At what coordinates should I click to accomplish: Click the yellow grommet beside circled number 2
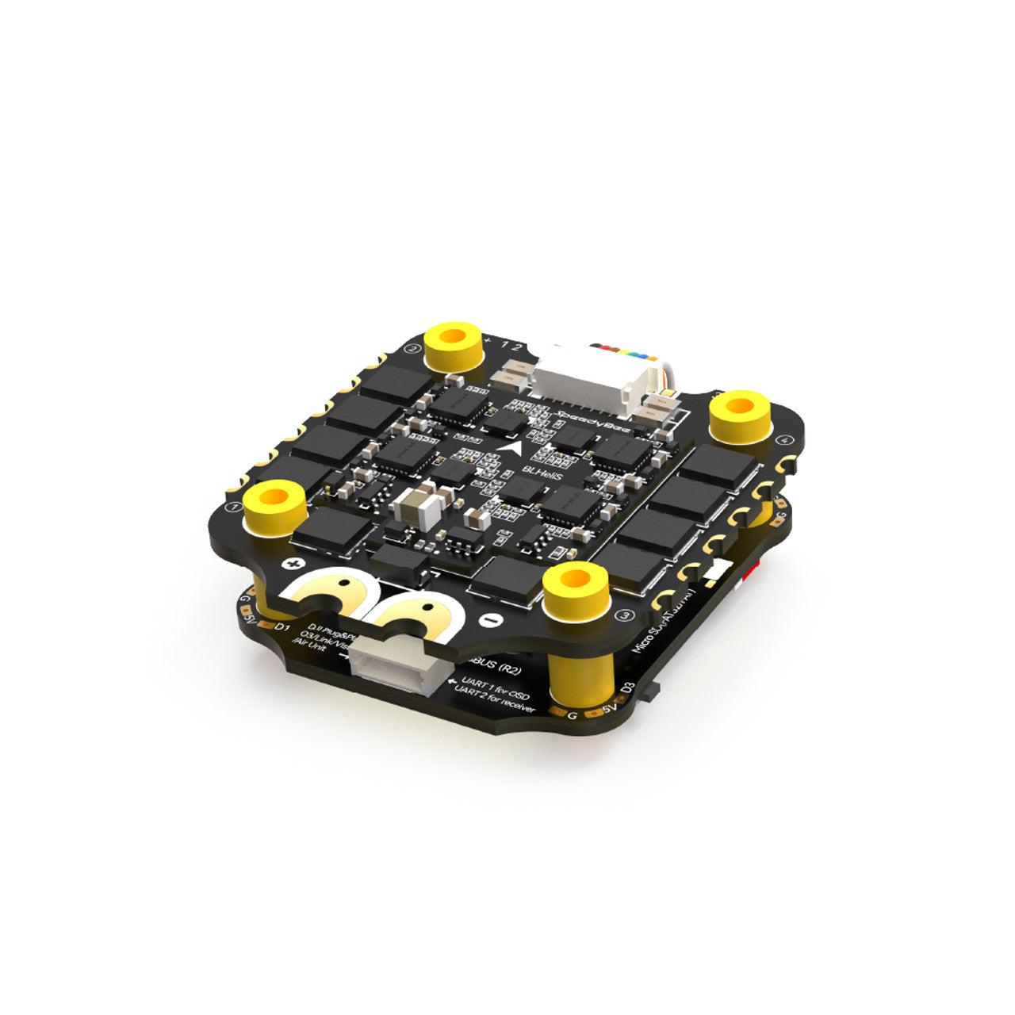454,343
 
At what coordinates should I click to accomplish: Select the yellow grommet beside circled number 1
274,504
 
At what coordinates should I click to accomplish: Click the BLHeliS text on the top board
538,470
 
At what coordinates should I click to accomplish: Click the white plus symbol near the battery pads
294,564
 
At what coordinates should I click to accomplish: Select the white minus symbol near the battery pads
489,619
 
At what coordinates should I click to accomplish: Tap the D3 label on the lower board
629,686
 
